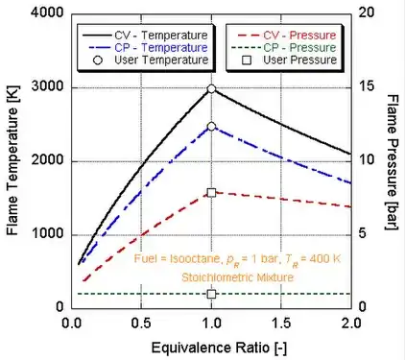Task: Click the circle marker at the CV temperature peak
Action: click(212, 89)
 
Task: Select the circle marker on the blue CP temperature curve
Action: click(212, 127)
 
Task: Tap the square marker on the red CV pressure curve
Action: click(212, 192)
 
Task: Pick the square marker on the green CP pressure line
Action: click(212, 294)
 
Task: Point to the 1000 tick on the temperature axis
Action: click(45, 234)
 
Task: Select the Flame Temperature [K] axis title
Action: click(12, 161)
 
